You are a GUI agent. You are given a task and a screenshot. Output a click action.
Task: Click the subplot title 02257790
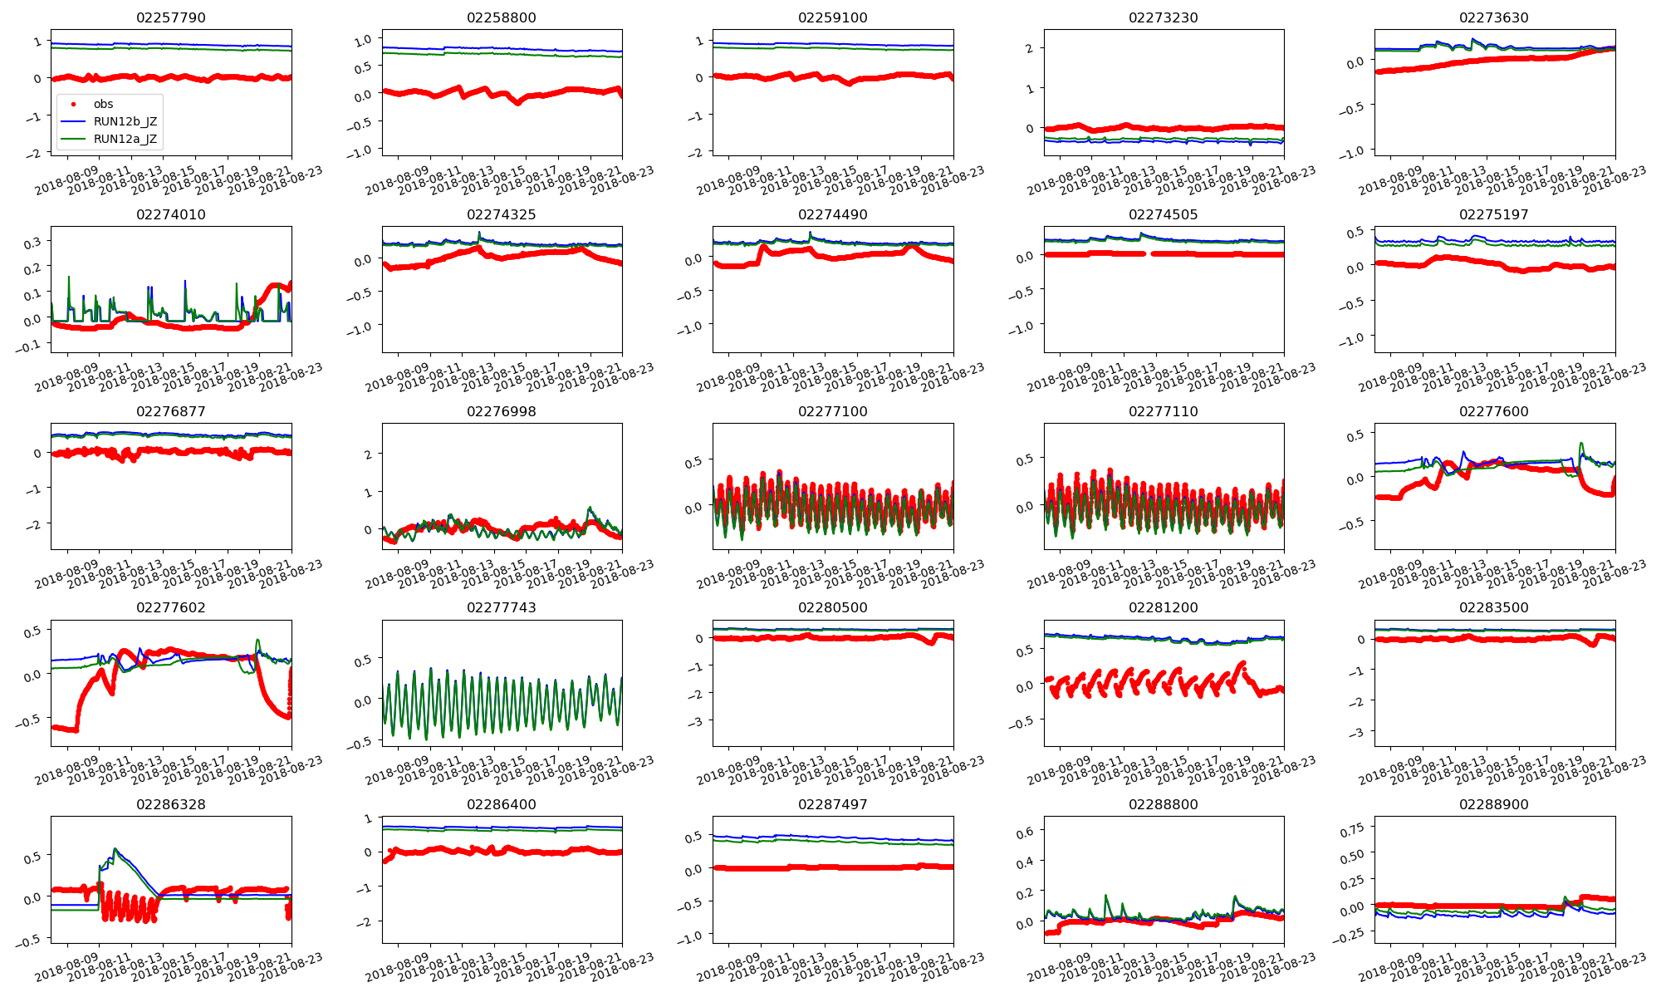pos(171,17)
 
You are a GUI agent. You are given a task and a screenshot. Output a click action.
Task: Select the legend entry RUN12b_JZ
pos(125,121)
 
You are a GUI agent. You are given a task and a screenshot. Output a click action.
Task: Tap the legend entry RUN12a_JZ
pos(125,139)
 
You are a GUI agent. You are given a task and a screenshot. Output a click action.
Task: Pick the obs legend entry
pos(103,104)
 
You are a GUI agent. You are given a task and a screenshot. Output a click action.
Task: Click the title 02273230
pos(1164,17)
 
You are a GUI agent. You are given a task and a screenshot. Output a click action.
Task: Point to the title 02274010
pos(171,214)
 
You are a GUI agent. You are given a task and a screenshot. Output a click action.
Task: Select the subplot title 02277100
pos(832,411)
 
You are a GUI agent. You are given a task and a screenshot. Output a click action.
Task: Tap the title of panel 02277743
pos(502,607)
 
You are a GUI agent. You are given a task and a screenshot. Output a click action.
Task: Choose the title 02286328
pos(171,804)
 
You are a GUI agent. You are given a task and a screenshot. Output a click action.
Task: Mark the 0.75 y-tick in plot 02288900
pos(1352,829)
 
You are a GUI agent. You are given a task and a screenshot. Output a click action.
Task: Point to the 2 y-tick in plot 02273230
pos(1029,48)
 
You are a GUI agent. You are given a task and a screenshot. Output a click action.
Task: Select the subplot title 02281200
pos(1164,607)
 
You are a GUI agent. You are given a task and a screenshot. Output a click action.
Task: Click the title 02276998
pos(502,411)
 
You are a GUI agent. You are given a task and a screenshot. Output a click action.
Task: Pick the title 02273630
pos(1494,17)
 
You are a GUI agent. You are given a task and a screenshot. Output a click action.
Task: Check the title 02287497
pos(832,804)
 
